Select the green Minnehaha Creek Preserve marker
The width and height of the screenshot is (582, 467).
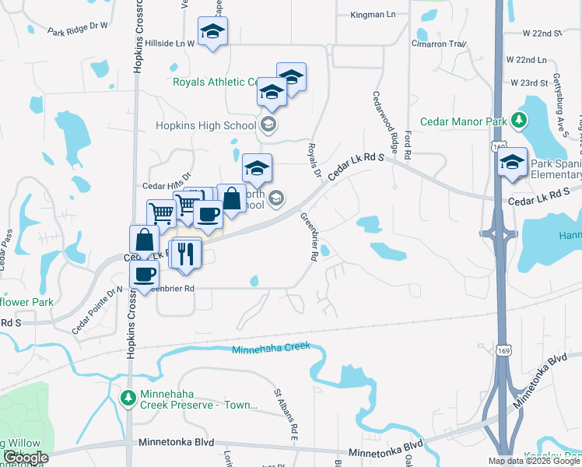click(x=128, y=398)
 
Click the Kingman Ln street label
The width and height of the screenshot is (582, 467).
click(x=373, y=15)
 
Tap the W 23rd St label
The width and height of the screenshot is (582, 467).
click(x=529, y=83)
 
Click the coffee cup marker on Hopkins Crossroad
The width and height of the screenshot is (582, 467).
click(x=144, y=274)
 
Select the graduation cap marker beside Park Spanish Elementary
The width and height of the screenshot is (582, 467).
click(x=512, y=163)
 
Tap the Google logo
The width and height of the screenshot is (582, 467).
click(x=26, y=458)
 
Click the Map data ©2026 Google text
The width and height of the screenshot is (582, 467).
click(x=534, y=461)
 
